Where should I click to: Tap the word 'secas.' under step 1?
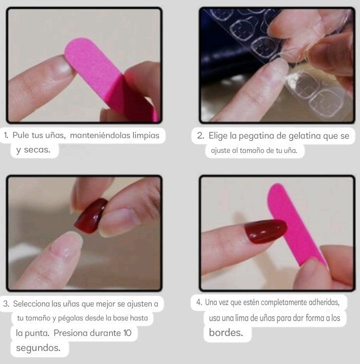tap(37, 150)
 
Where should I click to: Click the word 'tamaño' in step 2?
tap(252, 151)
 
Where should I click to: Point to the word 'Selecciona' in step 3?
tap(31, 304)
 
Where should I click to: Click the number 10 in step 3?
tap(127, 333)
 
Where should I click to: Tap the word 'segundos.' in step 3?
tap(38, 348)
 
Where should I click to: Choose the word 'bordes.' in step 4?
tap(226, 333)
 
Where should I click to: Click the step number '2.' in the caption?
tap(200, 136)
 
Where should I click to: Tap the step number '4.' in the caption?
tap(199, 302)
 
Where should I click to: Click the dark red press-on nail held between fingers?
tap(91, 215)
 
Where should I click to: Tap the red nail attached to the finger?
tap(265, 231)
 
